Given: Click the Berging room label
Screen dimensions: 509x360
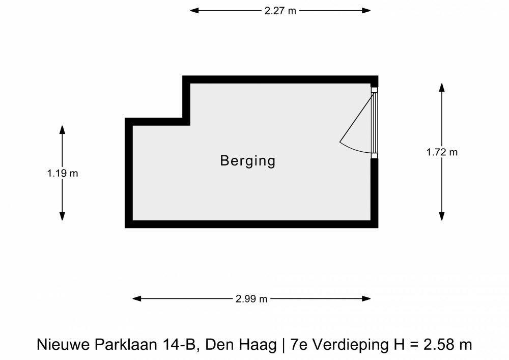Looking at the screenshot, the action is tap(248, 161).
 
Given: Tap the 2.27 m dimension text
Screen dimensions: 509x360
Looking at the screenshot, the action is tap(280, 11).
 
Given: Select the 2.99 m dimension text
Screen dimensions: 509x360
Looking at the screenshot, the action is tap(251, 299).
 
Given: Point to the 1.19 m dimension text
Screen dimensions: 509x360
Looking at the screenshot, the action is tap(62, 173).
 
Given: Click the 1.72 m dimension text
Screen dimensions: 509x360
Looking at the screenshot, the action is tap(442, 152).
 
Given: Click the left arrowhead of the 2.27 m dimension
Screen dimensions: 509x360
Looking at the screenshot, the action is tap(194, 11).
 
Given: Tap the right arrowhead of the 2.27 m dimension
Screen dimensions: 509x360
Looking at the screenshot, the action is tap(366, 11).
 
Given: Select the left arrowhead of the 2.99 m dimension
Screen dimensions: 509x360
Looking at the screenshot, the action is tap(136, 299).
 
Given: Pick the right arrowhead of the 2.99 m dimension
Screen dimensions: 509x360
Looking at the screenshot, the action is tap(366, 299).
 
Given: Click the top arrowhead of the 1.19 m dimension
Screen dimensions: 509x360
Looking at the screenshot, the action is tap(62, 129).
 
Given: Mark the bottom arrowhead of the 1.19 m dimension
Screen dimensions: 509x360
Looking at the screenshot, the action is tap(62, 216).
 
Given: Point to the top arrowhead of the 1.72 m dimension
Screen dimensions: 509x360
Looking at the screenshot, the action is tap(442, 88).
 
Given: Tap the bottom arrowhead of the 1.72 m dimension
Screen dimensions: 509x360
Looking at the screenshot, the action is tap(442, 216).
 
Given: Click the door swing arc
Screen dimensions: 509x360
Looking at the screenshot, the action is tap(353, 150).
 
